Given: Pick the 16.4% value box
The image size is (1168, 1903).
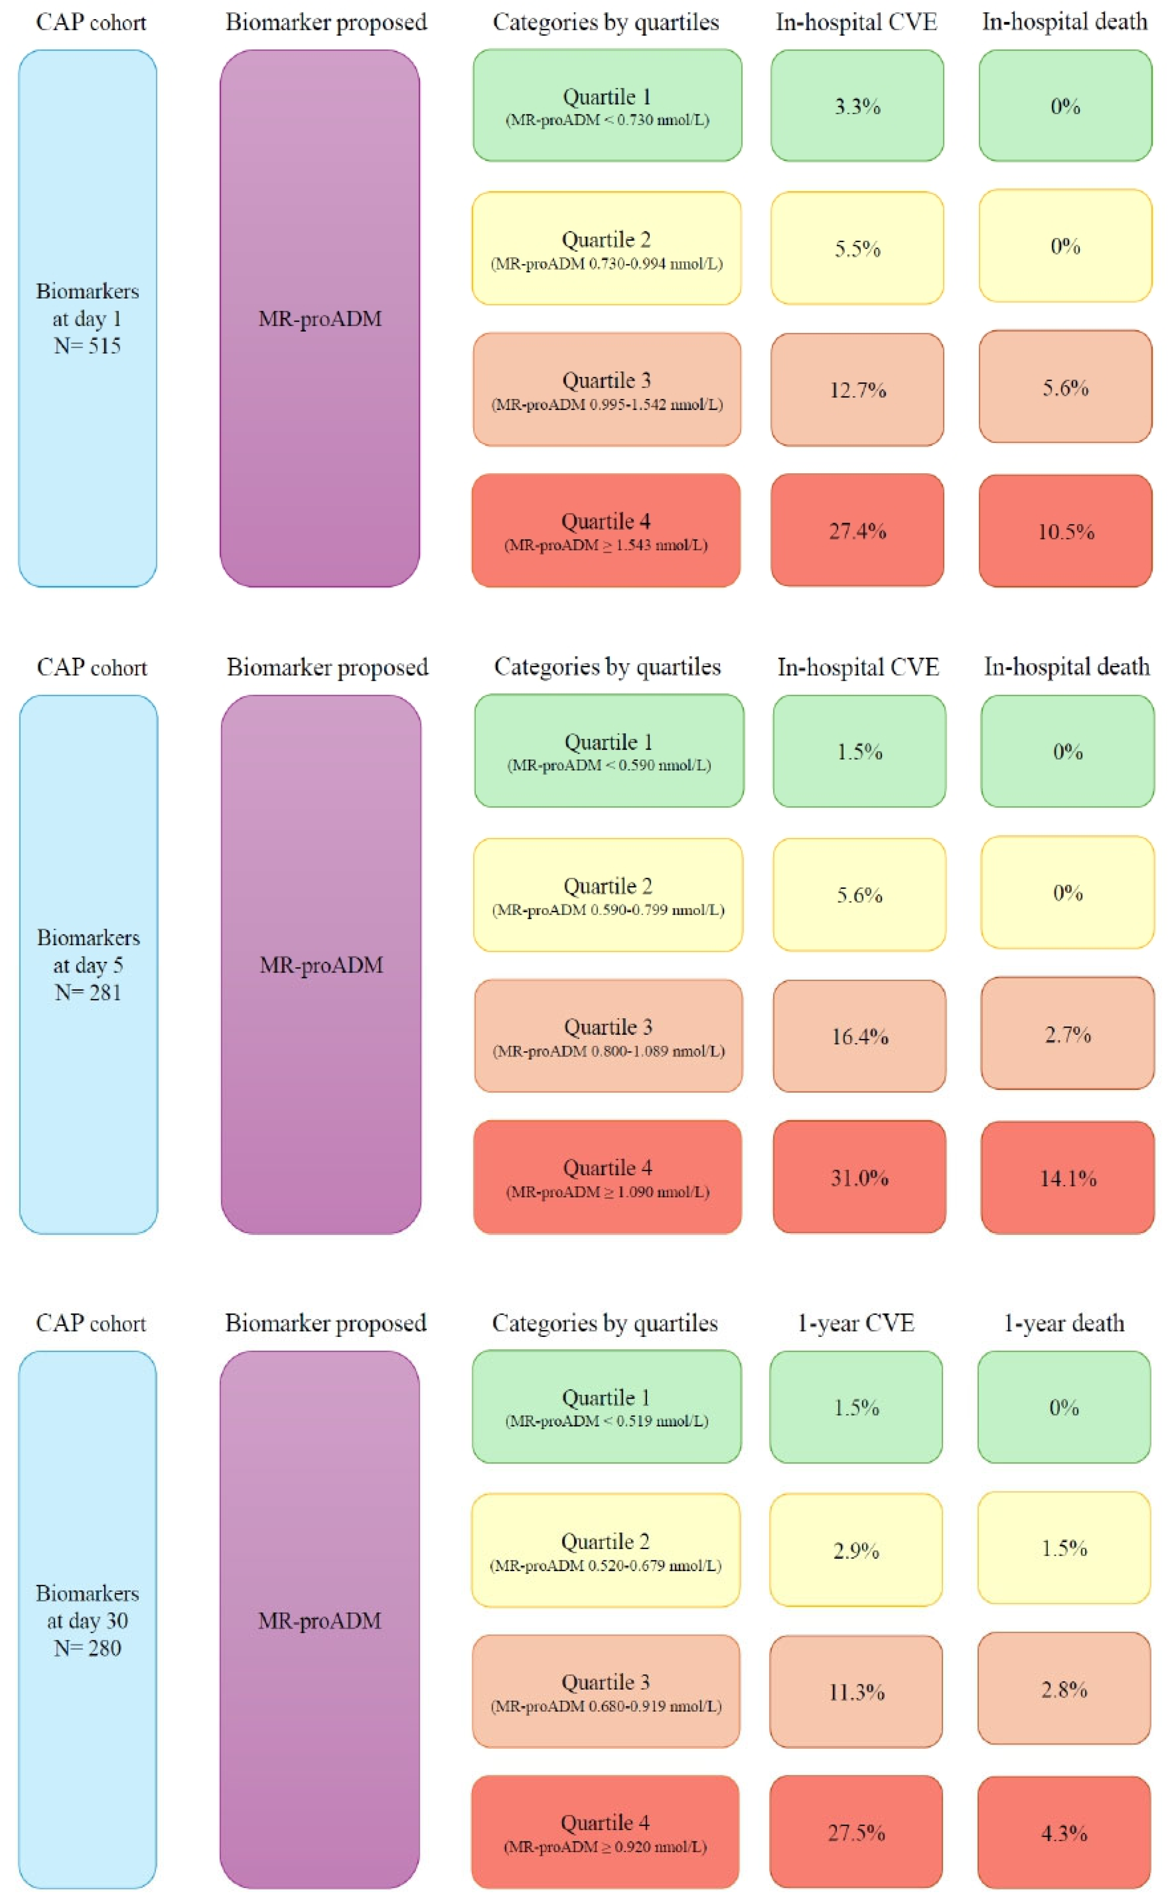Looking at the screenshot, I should (859, 1036).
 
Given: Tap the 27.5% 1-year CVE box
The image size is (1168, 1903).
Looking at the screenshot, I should (856, 1832).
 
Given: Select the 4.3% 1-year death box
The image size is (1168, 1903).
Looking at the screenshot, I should (1064, 1832).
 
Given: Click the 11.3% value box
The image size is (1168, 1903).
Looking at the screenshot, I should (856, 1691).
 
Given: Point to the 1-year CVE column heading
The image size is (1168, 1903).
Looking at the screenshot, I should (856, 1323).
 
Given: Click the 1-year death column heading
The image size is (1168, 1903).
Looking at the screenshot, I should (1063, 1323).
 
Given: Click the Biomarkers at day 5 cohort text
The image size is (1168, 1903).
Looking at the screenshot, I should (88, 951).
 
